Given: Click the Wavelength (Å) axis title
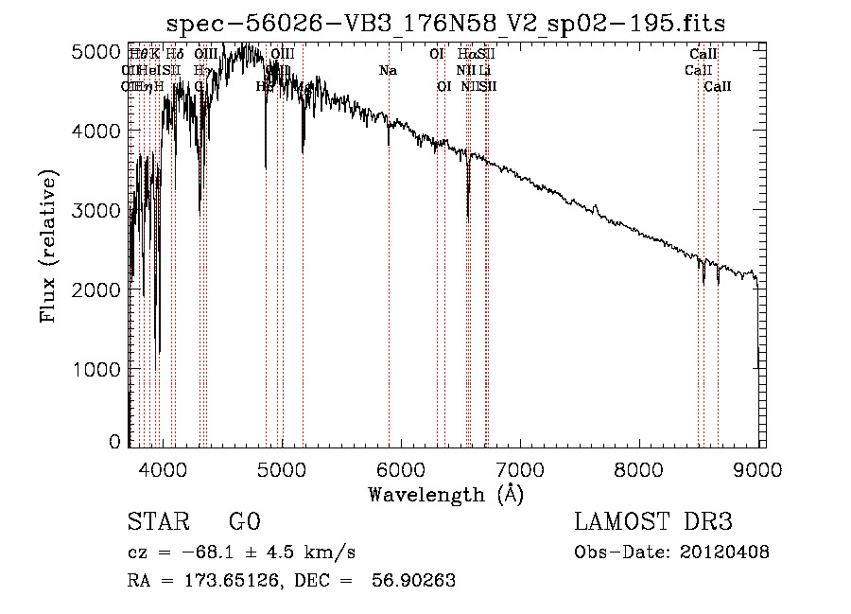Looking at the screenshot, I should [x=445, y=494].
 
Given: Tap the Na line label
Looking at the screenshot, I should [x=388, y=70].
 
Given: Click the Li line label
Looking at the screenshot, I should [x=484, y=70].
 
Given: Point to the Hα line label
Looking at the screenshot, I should [x=466, y=55].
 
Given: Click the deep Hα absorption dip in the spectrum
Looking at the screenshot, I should [x=468, y=216].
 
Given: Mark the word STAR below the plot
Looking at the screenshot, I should [x=157, y=522].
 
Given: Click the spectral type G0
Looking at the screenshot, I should [x=244, y=522].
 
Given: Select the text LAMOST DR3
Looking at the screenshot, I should [x=653, y=522].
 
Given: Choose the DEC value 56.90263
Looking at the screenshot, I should [x=416, y=581].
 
